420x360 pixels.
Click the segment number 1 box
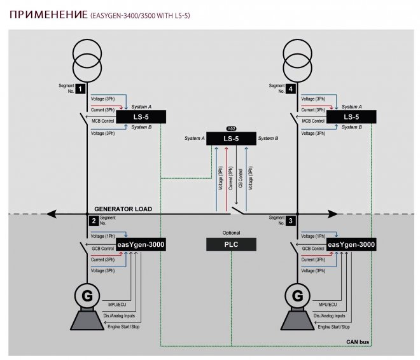[80, 88]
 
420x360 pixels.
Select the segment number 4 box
[291, 88]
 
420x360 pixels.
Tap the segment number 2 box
[94, 221]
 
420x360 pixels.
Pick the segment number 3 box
[291, 221]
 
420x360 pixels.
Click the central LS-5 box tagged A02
[231, 139]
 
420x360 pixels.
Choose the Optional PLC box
[231, 244]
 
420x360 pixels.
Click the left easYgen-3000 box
[141, 244]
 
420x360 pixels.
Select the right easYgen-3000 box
[351, 244]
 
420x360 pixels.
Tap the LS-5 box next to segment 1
[141, 116]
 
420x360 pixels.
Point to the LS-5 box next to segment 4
[351, 116]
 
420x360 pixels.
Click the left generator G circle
[87, 296]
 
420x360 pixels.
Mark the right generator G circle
[297, 296]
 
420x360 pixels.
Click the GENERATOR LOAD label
[123, 209]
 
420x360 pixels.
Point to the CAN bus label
[358, 342]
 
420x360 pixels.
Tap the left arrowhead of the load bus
[51, 214]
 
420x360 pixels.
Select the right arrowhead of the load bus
[333, 214]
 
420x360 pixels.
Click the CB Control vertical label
[241, 178]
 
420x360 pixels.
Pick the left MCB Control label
[103, 121]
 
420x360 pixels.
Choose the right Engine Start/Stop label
[333, 327]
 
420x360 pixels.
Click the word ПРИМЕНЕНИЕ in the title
[49, 15]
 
